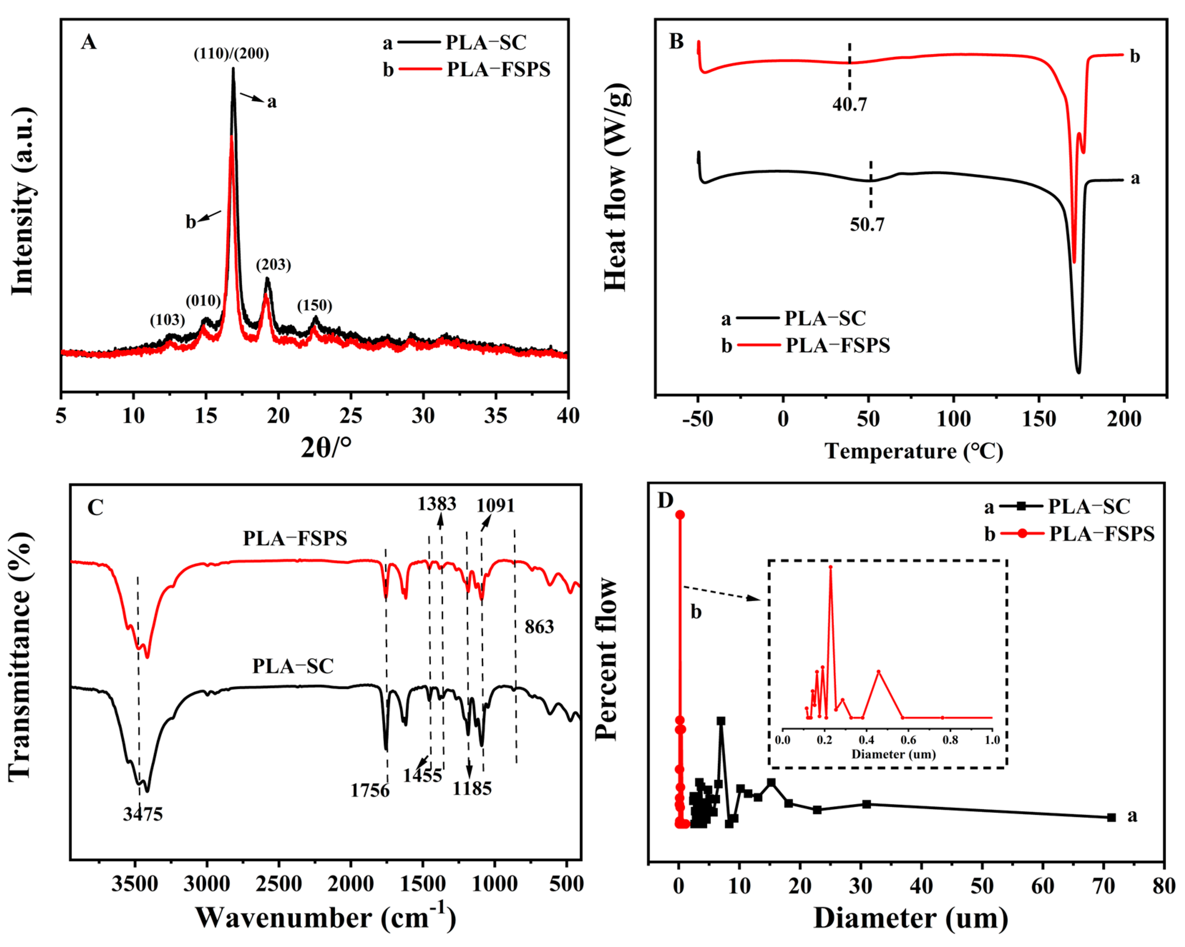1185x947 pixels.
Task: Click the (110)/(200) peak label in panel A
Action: pos(231,54)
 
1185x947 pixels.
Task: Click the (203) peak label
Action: pos(273,265)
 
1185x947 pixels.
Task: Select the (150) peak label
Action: pos(314,305)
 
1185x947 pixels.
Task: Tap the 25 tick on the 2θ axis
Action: pos(351,416)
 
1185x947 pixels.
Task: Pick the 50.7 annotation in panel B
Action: pos(867,224)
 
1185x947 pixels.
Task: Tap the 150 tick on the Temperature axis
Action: pos(1038,419)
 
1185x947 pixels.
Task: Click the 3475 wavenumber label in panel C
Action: pos(143,814)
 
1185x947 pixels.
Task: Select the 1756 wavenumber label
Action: pos(370,790)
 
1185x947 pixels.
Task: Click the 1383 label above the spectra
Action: pos(437,504)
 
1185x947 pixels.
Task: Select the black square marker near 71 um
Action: pos(1111,817)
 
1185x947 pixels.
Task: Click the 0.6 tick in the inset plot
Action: pos(908,740)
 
